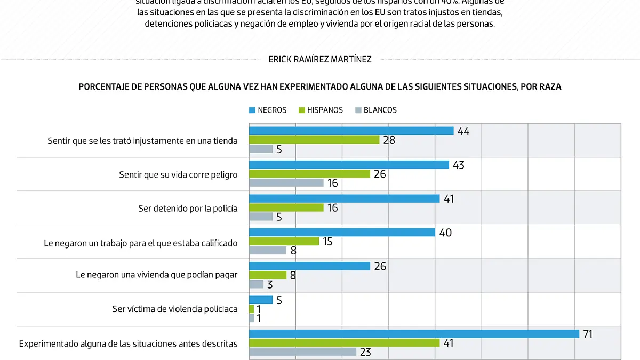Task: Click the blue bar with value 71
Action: click(x=414, y=334)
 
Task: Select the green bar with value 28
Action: click(x=314, y=140)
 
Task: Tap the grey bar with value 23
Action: click(x=302, y=352)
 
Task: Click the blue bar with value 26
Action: click(x=309, y=266)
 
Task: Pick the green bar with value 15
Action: click(x=284, y=242)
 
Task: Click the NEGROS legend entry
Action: click(x=268, y=110)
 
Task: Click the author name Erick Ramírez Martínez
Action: click(x=320, y=60)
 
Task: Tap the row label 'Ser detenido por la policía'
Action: click(x=188, y=209)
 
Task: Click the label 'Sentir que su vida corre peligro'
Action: click(x=178, y=174)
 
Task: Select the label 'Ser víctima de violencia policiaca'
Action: click(x=174, y=309)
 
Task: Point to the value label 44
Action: click(x=463, y=131)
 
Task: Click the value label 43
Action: click(x=458, y=165)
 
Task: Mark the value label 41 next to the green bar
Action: click(x=449, y=343)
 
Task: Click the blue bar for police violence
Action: click(x=261, y=300)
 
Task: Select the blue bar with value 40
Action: click(x=342, y=233)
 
